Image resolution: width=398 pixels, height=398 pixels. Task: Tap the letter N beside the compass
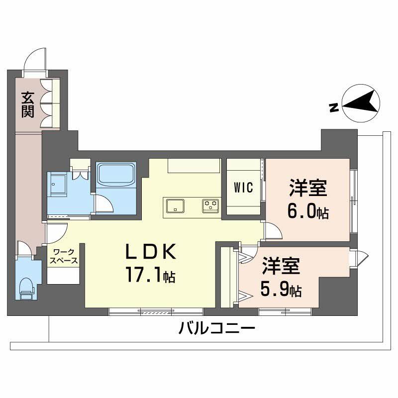334,106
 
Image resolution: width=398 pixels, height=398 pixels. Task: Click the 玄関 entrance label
27,104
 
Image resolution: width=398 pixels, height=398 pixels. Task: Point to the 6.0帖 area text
307,212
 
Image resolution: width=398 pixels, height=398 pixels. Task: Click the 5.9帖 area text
281,290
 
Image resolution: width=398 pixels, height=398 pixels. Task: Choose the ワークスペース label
63,256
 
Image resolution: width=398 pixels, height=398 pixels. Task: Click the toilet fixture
25,288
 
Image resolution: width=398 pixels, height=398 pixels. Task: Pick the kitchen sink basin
175,204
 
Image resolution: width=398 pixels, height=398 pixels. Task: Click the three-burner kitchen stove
210,204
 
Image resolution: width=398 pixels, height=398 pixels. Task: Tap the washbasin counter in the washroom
59,186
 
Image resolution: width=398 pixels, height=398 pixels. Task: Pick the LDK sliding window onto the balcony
156,311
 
